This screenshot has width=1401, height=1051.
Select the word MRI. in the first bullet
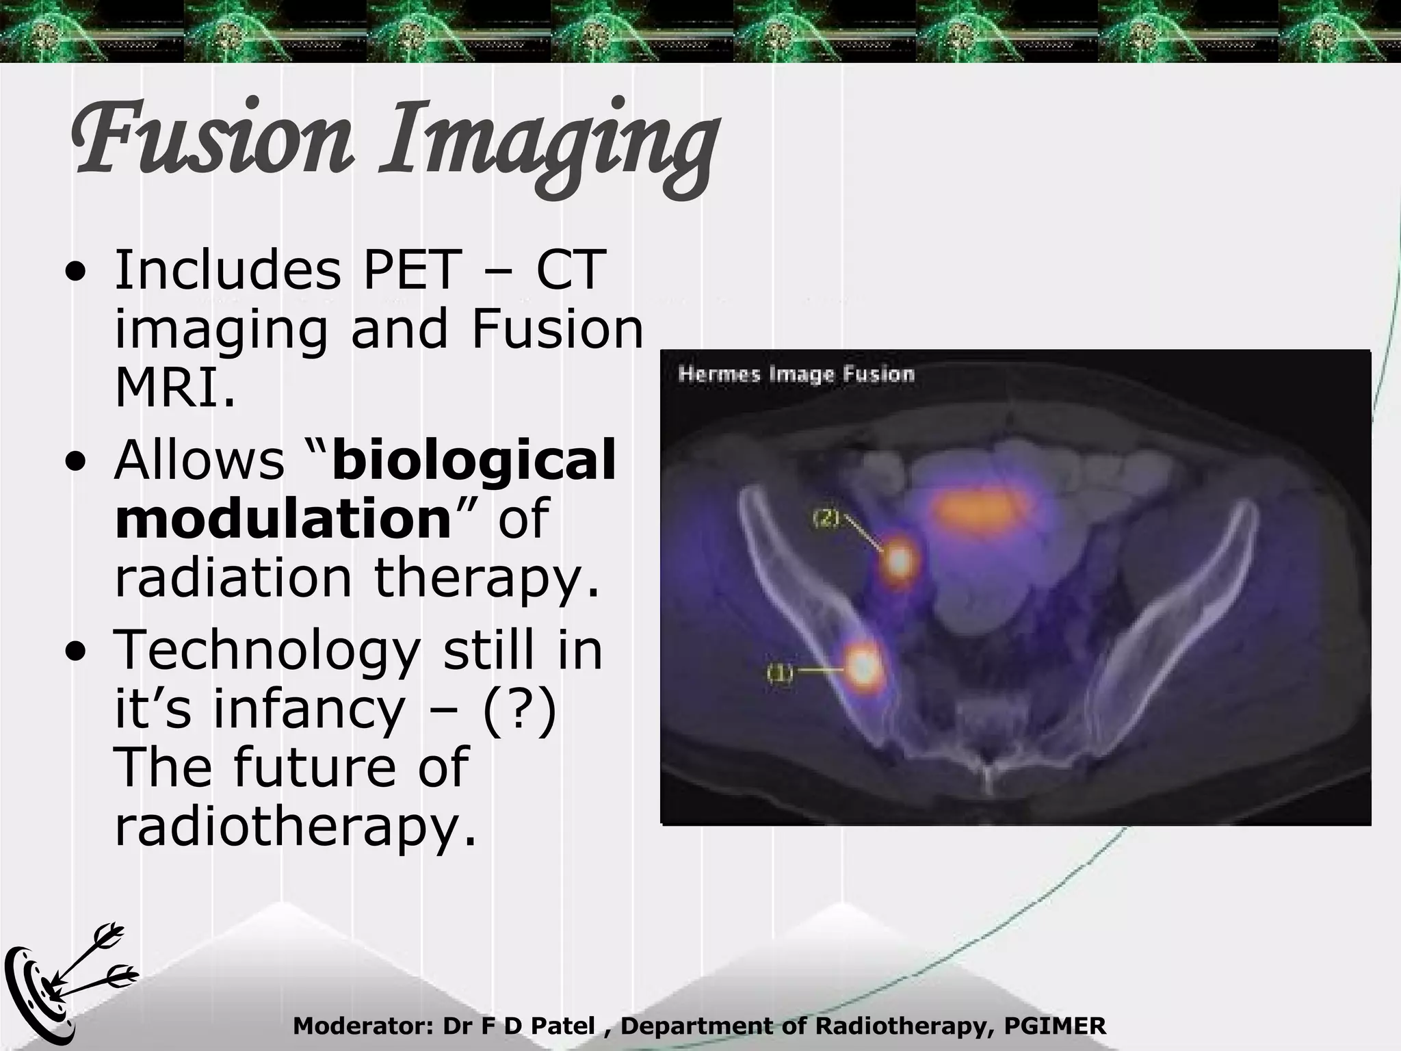click(x=175, y=388)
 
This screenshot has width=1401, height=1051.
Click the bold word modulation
click(x=282, y=518)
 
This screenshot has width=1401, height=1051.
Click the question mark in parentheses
click(x=519, y=710)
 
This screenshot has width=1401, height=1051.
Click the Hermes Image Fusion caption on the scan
click(x=796, y=375)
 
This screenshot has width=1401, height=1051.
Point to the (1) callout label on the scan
click(x=779, y=673)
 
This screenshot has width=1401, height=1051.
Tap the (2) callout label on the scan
click(x=825, y=519)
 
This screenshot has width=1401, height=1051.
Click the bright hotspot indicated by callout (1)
click(x=863, y=665)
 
